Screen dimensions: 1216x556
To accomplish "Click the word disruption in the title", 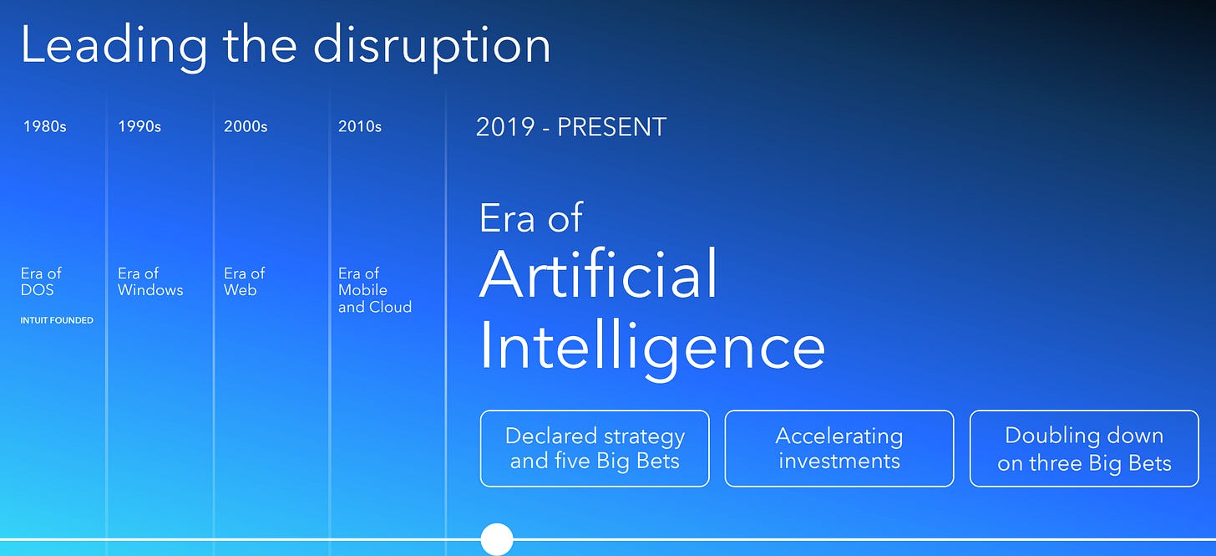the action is (432, 48).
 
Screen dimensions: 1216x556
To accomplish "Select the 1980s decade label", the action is (44, 126).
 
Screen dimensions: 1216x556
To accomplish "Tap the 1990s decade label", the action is (139, 126).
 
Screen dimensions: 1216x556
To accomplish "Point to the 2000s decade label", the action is (246, 126).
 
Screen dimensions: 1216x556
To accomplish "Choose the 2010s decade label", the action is (360, 126).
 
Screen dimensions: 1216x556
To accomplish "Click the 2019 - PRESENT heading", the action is (571, 127).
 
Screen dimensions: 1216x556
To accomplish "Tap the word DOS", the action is (37, 289).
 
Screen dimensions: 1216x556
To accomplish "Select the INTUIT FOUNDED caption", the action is (57, 321).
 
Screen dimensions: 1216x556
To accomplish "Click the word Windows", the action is (150, 289).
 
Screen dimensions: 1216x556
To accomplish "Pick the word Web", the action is (240, 289).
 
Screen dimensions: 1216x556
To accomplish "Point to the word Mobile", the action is (362, 289).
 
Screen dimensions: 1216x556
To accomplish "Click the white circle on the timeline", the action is (497, 539).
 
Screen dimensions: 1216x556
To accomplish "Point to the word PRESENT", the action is (612, 127).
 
